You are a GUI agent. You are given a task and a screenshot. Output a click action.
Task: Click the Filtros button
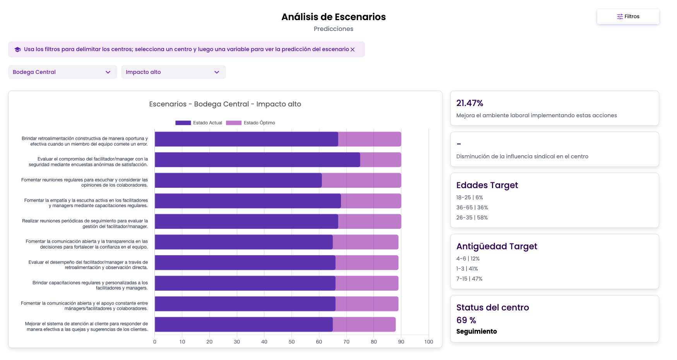click(628, 17)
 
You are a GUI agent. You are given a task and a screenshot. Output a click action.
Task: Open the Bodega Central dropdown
click(63, 72)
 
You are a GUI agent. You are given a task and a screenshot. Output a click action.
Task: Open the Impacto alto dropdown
click(173, 72)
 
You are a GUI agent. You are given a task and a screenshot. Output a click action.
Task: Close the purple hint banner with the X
click(353, 50)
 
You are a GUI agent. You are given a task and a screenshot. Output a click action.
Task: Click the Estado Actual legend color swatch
click(183, 123)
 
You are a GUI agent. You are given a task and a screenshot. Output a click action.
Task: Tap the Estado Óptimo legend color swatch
click(234, 123)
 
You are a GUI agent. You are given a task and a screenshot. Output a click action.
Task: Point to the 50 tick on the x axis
click(291, 342)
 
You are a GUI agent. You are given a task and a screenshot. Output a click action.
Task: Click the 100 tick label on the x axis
click(428, 342)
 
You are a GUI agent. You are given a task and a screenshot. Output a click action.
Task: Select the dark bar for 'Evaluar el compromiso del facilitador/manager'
click(257, 160)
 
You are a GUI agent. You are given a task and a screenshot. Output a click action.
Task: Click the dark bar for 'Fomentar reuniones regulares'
click(238, 180)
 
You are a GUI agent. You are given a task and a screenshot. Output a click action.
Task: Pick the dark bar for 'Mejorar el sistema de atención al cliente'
click(244, 324)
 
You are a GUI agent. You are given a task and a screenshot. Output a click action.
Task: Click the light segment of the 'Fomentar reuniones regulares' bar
click(362, 180)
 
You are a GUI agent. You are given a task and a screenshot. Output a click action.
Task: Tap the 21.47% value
click(470, 103)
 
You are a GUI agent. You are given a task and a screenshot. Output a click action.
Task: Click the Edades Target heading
click(487, 185)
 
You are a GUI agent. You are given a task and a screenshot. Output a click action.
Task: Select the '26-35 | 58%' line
click(472, 218)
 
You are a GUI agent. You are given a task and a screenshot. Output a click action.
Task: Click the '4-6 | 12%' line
click(468, 259)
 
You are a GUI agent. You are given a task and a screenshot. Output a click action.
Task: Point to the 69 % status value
click(466, 320)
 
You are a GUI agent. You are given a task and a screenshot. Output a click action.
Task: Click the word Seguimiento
click(476, 331)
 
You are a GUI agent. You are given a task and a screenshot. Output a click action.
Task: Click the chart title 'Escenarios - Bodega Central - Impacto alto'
click(225, 104)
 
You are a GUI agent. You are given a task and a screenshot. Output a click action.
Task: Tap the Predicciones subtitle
click(334, 29)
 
